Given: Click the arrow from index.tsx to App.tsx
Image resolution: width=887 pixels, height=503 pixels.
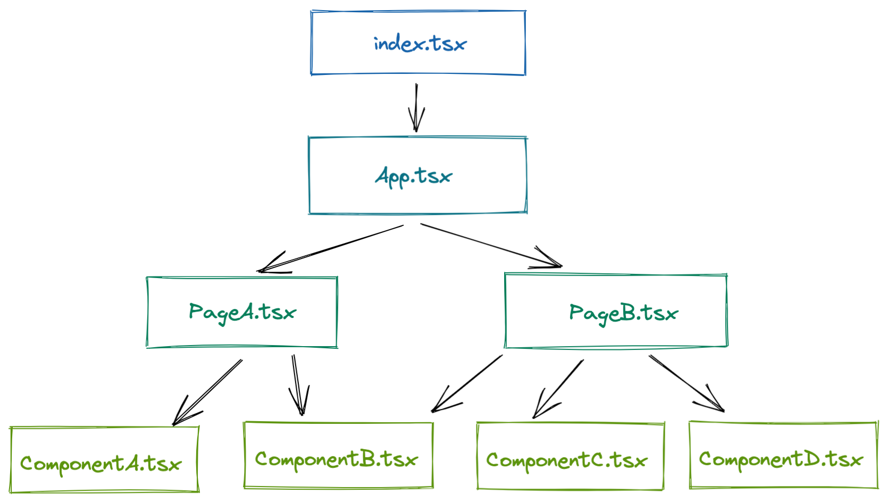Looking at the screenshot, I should [416, 106].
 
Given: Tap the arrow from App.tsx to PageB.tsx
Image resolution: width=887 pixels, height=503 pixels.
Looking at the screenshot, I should [489, 245].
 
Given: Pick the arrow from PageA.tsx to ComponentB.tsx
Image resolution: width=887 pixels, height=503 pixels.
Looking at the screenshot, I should [298, 385].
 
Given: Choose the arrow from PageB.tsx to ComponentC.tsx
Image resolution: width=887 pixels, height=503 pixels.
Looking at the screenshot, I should [558, 389].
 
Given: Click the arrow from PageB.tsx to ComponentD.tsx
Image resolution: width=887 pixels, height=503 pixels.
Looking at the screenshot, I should [686, 383].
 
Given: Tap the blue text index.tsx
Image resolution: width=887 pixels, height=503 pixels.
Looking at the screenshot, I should [420, 44].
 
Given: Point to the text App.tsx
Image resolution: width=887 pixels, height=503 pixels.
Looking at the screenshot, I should [414, 176].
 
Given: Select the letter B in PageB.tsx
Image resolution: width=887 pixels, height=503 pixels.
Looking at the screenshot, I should [628, 313].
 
